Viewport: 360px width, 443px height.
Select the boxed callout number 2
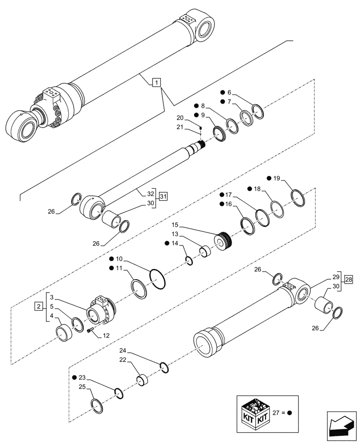[39, 307]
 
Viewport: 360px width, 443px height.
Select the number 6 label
[229, 93]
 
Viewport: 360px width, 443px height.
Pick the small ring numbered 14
[189, 261]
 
